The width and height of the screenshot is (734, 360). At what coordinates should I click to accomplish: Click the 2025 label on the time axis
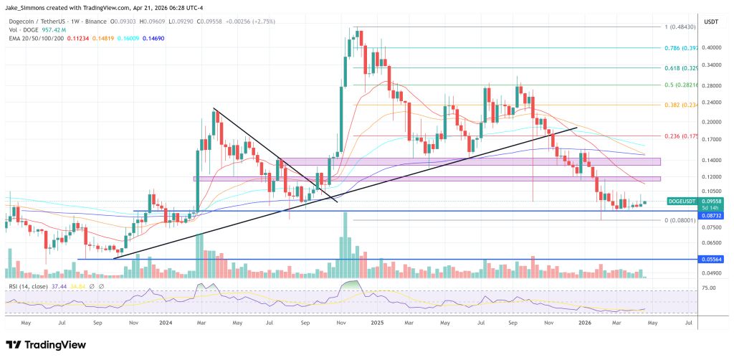click(376, 323)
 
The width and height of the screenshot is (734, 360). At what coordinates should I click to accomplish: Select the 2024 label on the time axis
click(166, 323)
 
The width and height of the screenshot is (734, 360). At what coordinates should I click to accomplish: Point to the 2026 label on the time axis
click(586, 323)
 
